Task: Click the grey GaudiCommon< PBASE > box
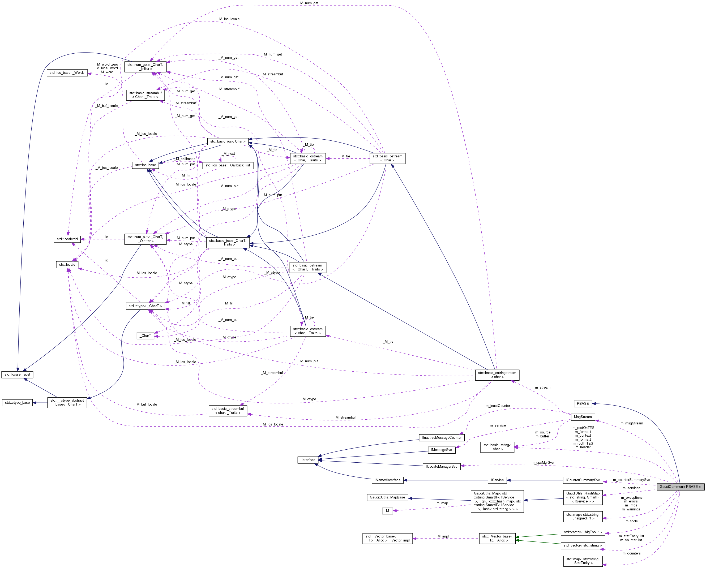click(680, 487)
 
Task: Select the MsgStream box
click(583, 417)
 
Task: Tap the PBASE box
click(583, 403)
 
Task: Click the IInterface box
click(308, 460)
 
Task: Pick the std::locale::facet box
click(17, 374)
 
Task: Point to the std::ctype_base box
click(17, 402)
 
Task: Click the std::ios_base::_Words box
click(67, 73)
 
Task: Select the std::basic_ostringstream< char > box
click(497, 375)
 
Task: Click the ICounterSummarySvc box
click(583, 480)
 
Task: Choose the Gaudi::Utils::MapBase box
click(387, 497)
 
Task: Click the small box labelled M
click(387, 511)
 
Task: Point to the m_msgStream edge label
click(631, 423)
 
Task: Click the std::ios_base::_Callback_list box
click(228, 165)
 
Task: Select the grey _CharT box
click(146, 335)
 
